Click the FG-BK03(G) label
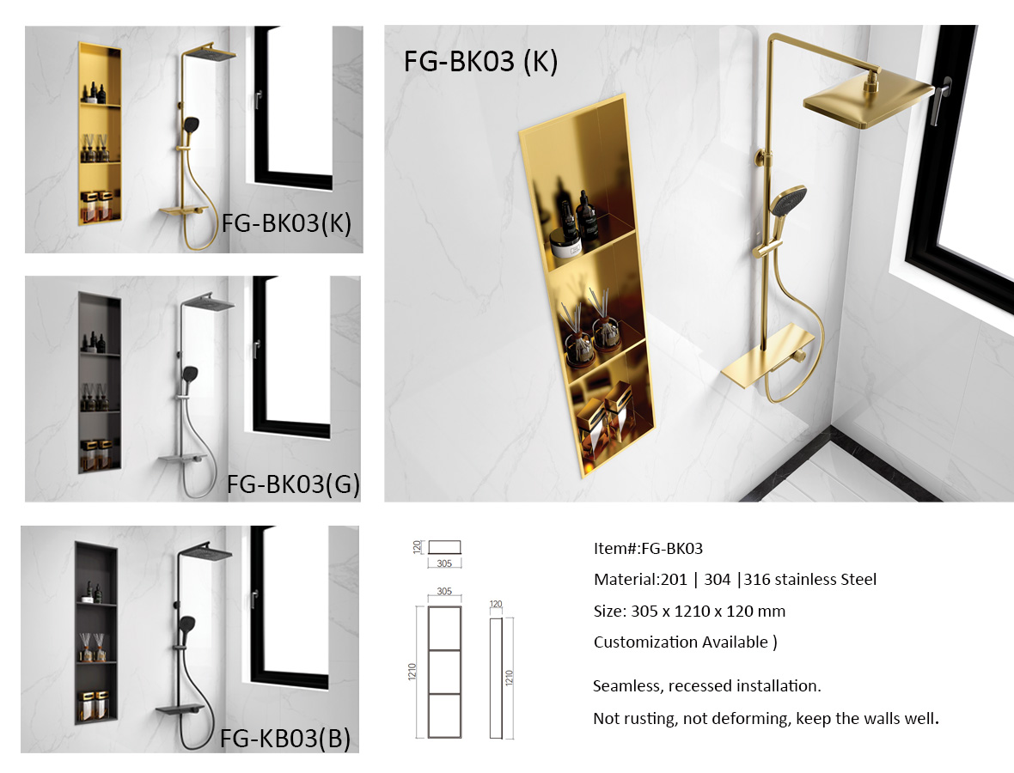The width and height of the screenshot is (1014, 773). pos(293,484)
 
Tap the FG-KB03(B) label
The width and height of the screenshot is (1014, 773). pos(285,738)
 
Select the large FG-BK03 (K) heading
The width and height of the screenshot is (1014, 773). pos(480,62)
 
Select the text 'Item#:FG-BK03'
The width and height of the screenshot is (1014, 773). pos(648,549)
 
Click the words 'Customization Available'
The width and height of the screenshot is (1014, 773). pos(681,642)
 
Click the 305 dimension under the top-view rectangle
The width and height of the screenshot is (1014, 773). pos(444,563)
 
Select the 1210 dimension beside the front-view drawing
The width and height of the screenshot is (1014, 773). pos(412,672)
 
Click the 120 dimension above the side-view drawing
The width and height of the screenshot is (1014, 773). pos(496,605)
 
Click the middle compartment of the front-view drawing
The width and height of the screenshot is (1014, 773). pos(445,673)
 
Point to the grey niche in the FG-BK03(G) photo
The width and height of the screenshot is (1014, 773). pos(100,382)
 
